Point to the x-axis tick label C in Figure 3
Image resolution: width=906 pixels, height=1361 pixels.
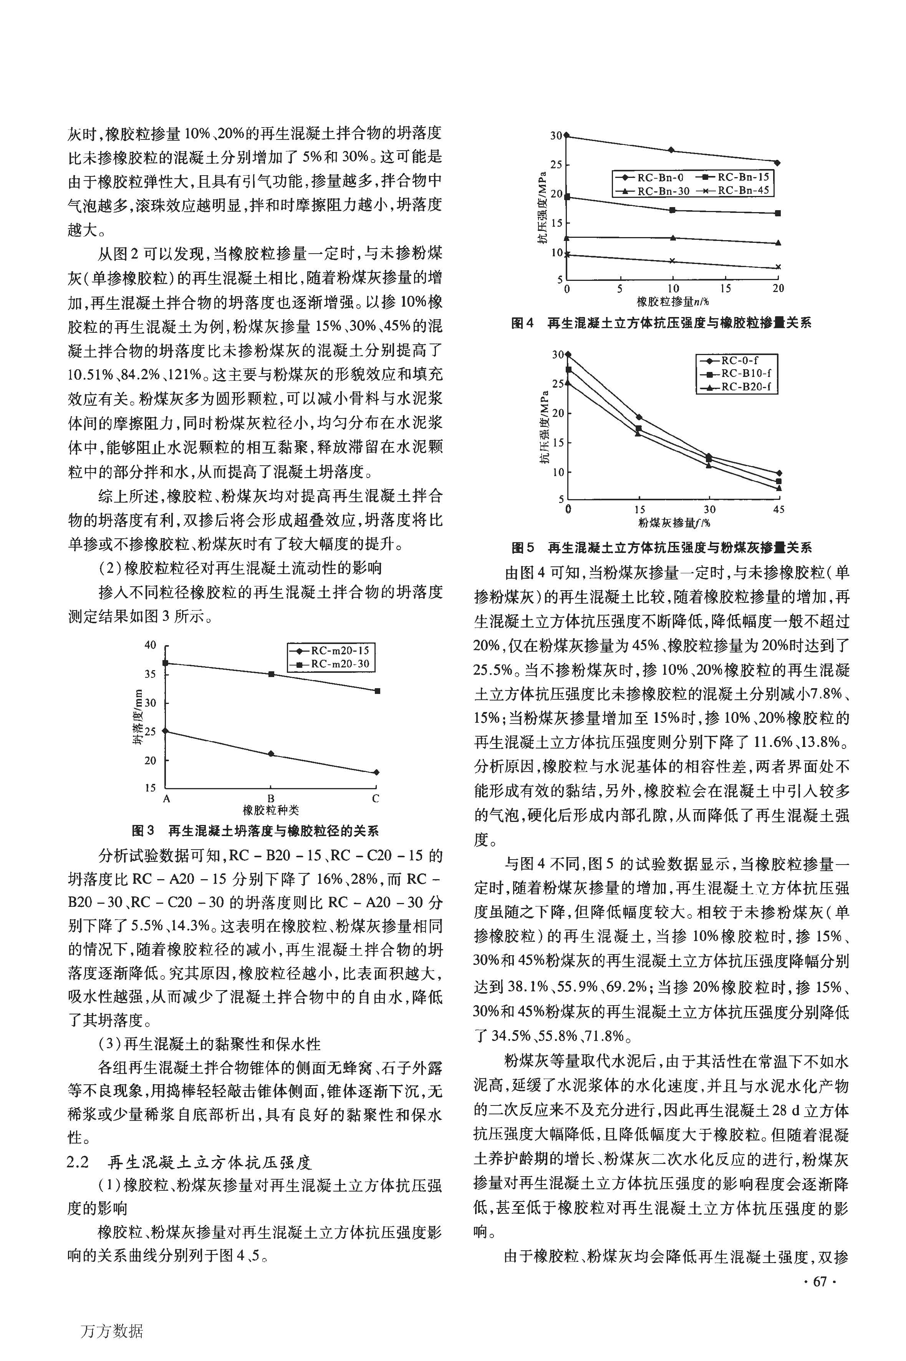point(376,799)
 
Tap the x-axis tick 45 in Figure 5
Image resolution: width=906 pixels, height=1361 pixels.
point(778,509)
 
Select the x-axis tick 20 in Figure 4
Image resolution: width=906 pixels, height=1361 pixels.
point(778,289)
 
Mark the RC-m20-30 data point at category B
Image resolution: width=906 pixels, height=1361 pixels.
point(271,674)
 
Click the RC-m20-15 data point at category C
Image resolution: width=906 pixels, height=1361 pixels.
point(377,772)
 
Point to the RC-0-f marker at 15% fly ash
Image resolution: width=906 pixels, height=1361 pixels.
point(638,417)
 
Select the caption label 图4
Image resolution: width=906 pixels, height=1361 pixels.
point(522,323)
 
